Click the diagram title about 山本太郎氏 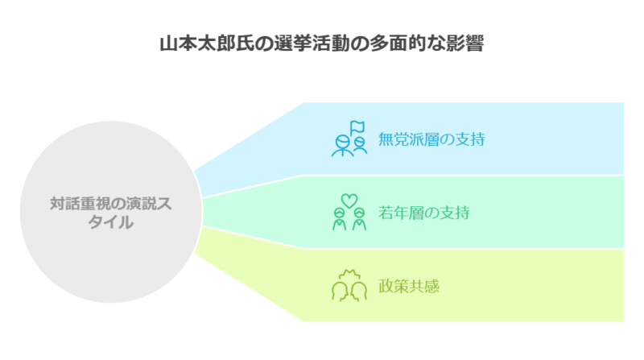tap(321, 43)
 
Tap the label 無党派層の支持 tap(431, 139)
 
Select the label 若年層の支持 tap(423, 213)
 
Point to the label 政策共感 tap(409, 286)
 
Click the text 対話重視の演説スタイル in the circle tap(111, 213)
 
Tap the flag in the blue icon tap(357, 127)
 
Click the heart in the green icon tap(349, 201)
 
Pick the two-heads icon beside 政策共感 tap(349, 286)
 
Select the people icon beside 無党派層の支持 tap(349, 139)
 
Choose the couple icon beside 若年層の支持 tap(349, 212)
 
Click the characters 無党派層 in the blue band tap(409, 139)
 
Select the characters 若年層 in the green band tap(401, 213)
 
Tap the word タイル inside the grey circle tap(111, 222)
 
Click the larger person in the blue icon tap(342, 146)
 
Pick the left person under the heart tap(339, 219)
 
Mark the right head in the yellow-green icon tap(358, 292)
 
